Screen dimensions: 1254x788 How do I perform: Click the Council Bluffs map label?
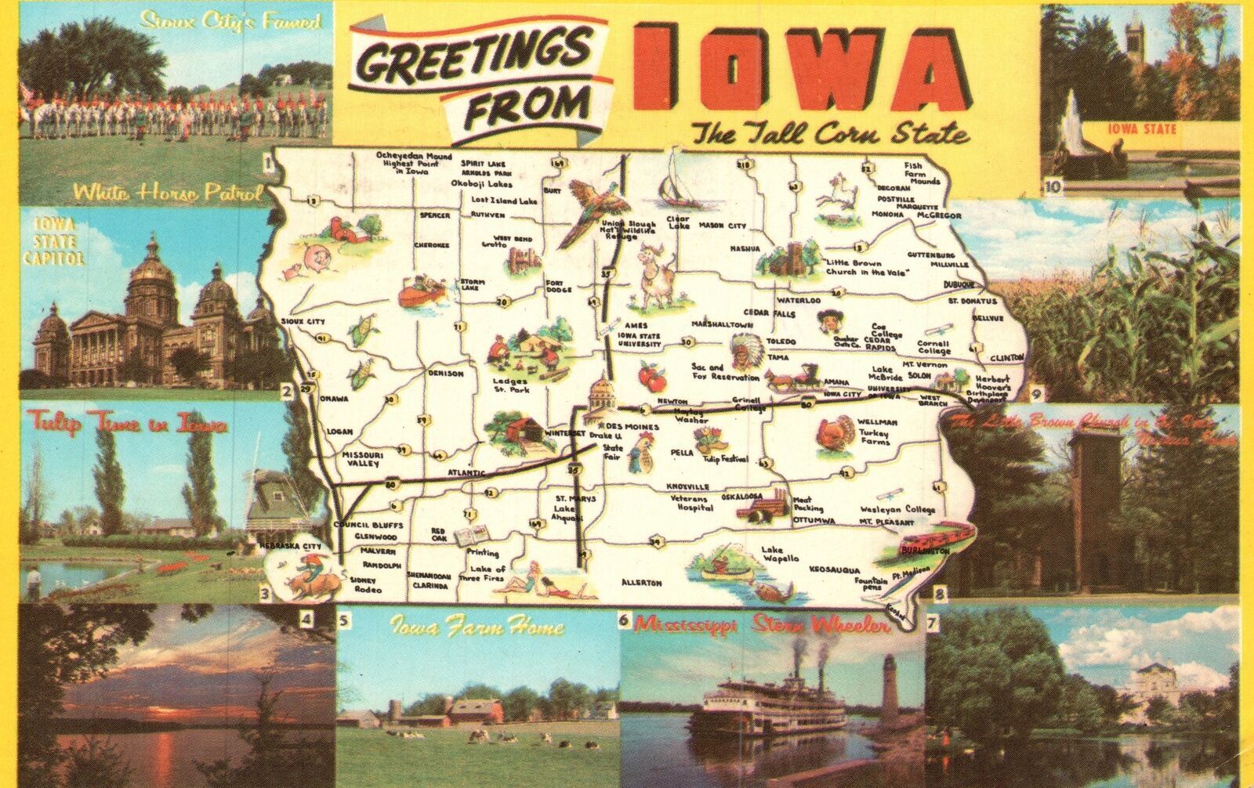[357, 525]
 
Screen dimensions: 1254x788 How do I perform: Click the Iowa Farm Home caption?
[477, 627]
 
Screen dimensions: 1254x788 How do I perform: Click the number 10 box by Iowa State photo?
[1053, 186]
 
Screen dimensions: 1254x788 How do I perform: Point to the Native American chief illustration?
[740, 350]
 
